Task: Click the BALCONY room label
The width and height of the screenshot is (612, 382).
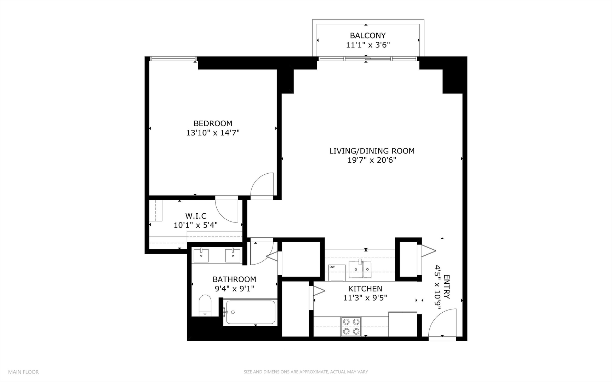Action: click(367, 35)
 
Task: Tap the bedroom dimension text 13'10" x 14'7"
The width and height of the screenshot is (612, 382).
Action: click(213, 133)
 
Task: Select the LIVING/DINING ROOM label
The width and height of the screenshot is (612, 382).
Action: click(372, 151)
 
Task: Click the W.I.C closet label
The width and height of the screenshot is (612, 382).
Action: click(196, 216)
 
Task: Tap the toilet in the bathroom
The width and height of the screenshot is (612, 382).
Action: click(205, 306)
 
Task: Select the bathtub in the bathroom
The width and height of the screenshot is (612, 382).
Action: click(250, 312)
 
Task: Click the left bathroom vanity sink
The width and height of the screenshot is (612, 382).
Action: click(201, 255)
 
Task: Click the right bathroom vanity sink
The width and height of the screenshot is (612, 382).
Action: click(233, 255)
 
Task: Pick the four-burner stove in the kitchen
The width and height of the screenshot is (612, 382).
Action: click(351, 326)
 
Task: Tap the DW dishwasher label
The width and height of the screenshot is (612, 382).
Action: click(332, 267)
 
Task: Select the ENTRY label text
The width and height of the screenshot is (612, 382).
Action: click(446, 287)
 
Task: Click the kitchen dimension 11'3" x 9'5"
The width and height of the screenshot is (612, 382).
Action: click(365, 298)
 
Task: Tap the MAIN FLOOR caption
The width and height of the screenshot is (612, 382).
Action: click(23, 372)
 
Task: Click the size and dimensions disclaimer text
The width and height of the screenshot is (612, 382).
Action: click(305, 372)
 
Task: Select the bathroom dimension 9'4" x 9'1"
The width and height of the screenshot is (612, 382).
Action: click(234, 289)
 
